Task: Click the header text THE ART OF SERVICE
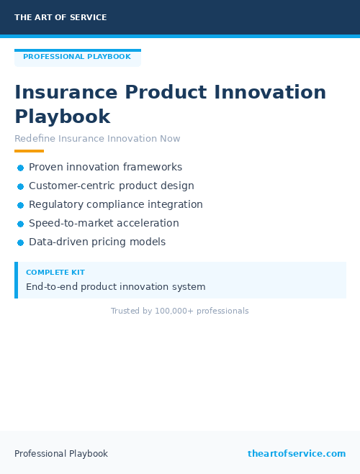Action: (60, 17)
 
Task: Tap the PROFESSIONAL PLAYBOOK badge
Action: (77, 57)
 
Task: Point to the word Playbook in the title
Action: (63, 117)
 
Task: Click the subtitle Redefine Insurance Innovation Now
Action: (97, 139)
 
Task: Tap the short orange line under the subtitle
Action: (29, 151)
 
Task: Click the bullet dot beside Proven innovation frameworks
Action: (20, 168)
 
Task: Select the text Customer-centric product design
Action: (111, 186)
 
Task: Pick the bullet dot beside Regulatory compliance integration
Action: (20, 205)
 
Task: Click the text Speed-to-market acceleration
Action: (104, 223)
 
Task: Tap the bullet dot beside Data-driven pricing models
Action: (20, 242)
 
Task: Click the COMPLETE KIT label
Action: (55, 273)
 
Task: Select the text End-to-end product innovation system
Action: (115, 286)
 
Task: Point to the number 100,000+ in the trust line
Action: (174, 311)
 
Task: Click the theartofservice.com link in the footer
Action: (297, 454)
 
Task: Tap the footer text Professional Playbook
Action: (61, 454)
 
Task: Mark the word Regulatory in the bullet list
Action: (56, 204)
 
